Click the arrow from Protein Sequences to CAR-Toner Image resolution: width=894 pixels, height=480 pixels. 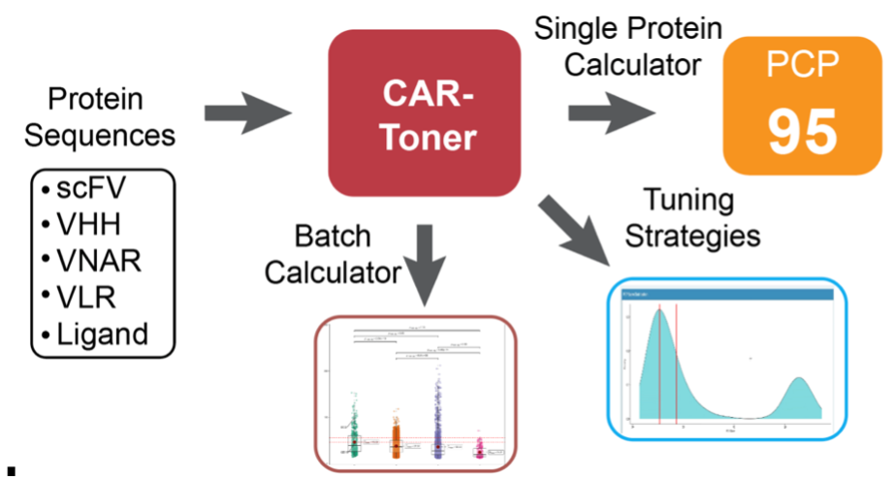click(x=247, y=112)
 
